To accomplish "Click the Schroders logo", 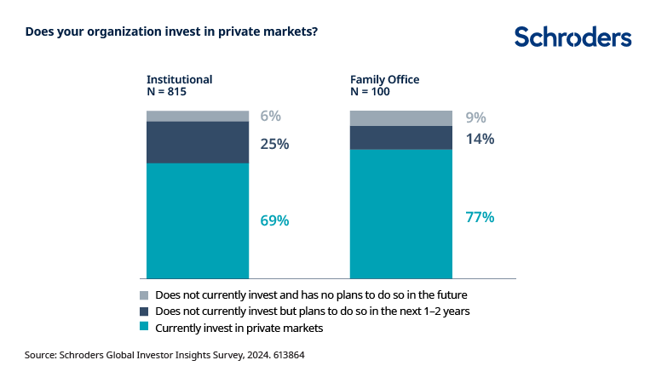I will coord(573,37).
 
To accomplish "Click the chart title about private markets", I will coord(172,32).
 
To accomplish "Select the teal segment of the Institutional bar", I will coord(198,220).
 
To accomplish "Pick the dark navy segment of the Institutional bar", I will coord(198,142).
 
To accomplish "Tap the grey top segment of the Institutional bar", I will coord(198,116).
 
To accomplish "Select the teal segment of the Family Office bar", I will coord(401,214).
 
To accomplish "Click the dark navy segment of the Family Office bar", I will coord(401,138).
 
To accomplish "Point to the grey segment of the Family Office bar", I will coord(401,118).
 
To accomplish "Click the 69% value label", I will coord(274,220).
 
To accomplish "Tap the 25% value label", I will coord(274,144).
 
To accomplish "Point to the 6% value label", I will coord(271,117).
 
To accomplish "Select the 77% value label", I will coord(480,217).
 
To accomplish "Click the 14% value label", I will coord(480,139).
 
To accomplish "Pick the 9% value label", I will coord(476,118).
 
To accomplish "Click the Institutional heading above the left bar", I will coord(179,80).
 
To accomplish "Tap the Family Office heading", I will coord(385,80).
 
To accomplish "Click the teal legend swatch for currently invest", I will coord(143,327).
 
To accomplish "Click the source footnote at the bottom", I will coord(164,355).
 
